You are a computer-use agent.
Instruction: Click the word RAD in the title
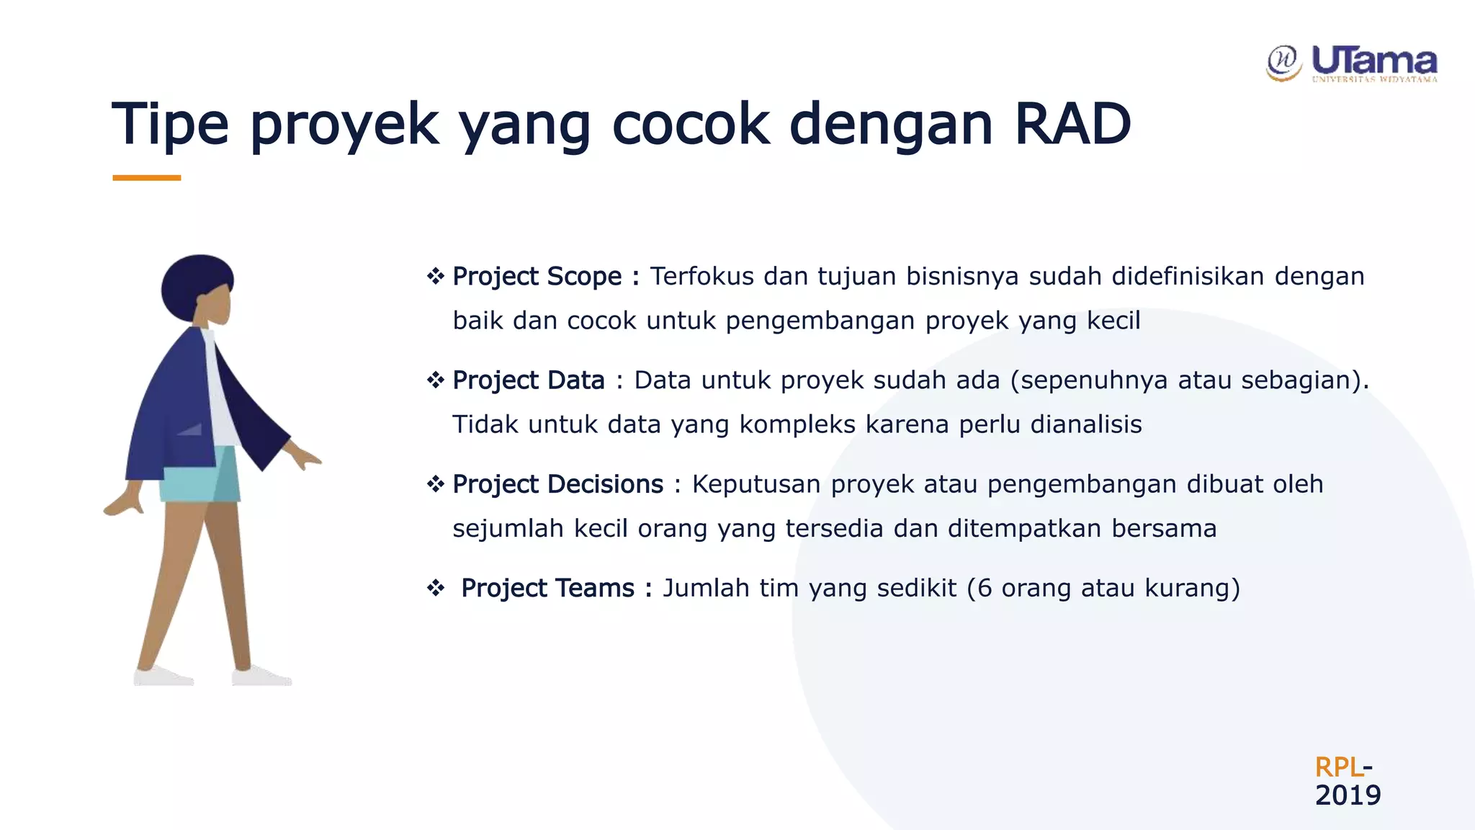click(1072, 124)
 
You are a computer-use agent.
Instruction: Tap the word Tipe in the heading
click(170, 124)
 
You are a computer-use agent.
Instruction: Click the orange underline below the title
click(146, 177)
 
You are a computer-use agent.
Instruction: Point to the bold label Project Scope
click(537, 277)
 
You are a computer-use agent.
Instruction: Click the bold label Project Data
click(528, 380)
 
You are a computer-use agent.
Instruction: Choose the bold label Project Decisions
click(557, 484)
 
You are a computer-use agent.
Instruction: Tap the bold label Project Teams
click(547, 588)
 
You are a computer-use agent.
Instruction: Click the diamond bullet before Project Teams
click(436, 588)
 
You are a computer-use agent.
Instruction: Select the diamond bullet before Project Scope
click(436, 276)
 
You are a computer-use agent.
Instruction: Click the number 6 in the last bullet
click(985, 588)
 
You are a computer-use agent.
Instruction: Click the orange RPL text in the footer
click(1338, 767)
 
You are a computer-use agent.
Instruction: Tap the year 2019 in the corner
click(1348, 795)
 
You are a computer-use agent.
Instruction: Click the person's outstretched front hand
click(306, 458)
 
